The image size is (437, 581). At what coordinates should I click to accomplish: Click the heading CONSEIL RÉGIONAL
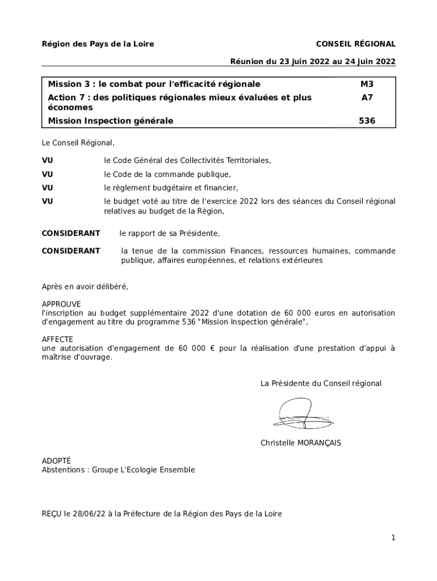[355, 44]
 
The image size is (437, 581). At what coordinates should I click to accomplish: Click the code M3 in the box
[367, 84]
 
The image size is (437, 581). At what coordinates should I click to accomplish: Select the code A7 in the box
[367, 97]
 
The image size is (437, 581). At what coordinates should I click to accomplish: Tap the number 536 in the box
[367, 120]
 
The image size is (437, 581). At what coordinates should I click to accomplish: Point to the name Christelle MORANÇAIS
[301, 443]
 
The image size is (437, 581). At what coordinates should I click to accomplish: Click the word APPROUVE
[61, 304]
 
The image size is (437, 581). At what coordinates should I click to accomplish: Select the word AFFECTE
[58, 339]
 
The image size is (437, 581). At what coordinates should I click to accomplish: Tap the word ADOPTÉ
[57, 461]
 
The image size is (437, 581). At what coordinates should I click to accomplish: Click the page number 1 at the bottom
[393, 538]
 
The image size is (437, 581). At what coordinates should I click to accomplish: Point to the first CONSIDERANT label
[71, 233]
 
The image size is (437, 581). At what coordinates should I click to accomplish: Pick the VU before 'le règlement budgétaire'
[48, 188]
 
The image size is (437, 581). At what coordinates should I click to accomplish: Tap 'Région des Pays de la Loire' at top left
[98, 44]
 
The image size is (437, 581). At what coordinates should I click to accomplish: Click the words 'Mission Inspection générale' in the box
[111, 120]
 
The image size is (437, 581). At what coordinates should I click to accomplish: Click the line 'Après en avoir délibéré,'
[85, 287]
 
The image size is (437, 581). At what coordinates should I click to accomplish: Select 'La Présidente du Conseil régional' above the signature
[321, 384]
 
